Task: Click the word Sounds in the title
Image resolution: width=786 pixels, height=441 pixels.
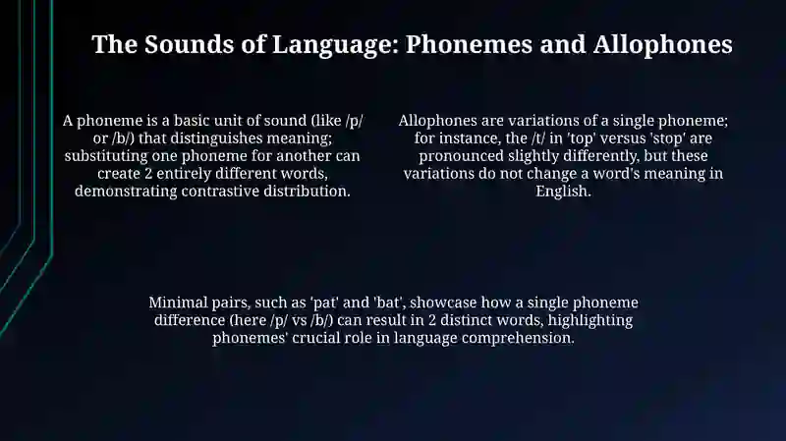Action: tap(189, 44)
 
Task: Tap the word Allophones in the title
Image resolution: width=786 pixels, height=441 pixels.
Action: tap(662, 45)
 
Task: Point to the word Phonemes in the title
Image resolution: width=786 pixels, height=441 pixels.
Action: tap(469, 44)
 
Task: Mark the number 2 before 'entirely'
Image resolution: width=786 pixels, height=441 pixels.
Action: tap(148, 174)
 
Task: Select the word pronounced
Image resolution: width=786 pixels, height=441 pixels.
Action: tap(461, 156)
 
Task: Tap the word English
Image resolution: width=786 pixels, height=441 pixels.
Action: tap(563, 192)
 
